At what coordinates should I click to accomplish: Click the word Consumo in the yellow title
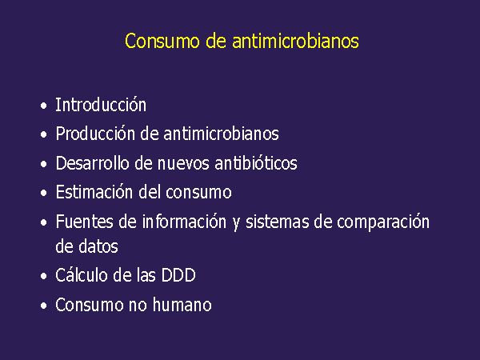[x=162, y=41]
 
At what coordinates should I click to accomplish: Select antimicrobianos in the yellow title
[x=295, y=41]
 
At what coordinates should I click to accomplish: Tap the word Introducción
[x=101, y=105]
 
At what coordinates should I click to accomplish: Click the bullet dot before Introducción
[x=44, y=106]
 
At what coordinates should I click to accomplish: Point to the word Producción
[x=95, y=134]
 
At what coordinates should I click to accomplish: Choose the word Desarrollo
[x=92, y=162]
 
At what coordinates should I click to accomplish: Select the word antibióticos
[x=256, y=162]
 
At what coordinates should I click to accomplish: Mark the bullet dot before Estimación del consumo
[x=44, y=193]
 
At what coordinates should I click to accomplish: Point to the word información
[x=184, y=222]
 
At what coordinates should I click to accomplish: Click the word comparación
[x=383, y=222]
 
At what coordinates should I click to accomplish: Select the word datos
[x=98, y=246]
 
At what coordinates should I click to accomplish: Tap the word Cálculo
[x=81, y=274]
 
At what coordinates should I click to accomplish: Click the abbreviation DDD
[x=178, y=275]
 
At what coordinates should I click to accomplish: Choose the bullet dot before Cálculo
[x=44, y=276]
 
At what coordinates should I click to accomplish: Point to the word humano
[x=182, y=305]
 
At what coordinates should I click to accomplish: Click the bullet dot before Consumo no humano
[x=44, y=306]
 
